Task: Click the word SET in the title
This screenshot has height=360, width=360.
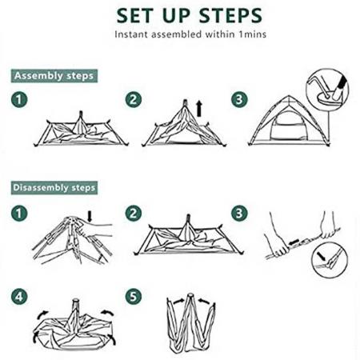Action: click(x=139, y=15)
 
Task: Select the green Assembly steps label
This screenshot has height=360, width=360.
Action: click(x=54, y=76)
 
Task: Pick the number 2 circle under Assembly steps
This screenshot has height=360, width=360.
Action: click(x=133, y=101)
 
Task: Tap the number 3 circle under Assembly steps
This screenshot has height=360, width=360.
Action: click(x=238, y=101)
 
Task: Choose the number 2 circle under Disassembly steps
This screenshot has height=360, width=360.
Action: click(x=133, y=214)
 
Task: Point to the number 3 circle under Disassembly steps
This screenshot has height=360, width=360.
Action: click(x=238, y=214)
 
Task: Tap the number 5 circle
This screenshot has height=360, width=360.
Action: click(x=133, y=297)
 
